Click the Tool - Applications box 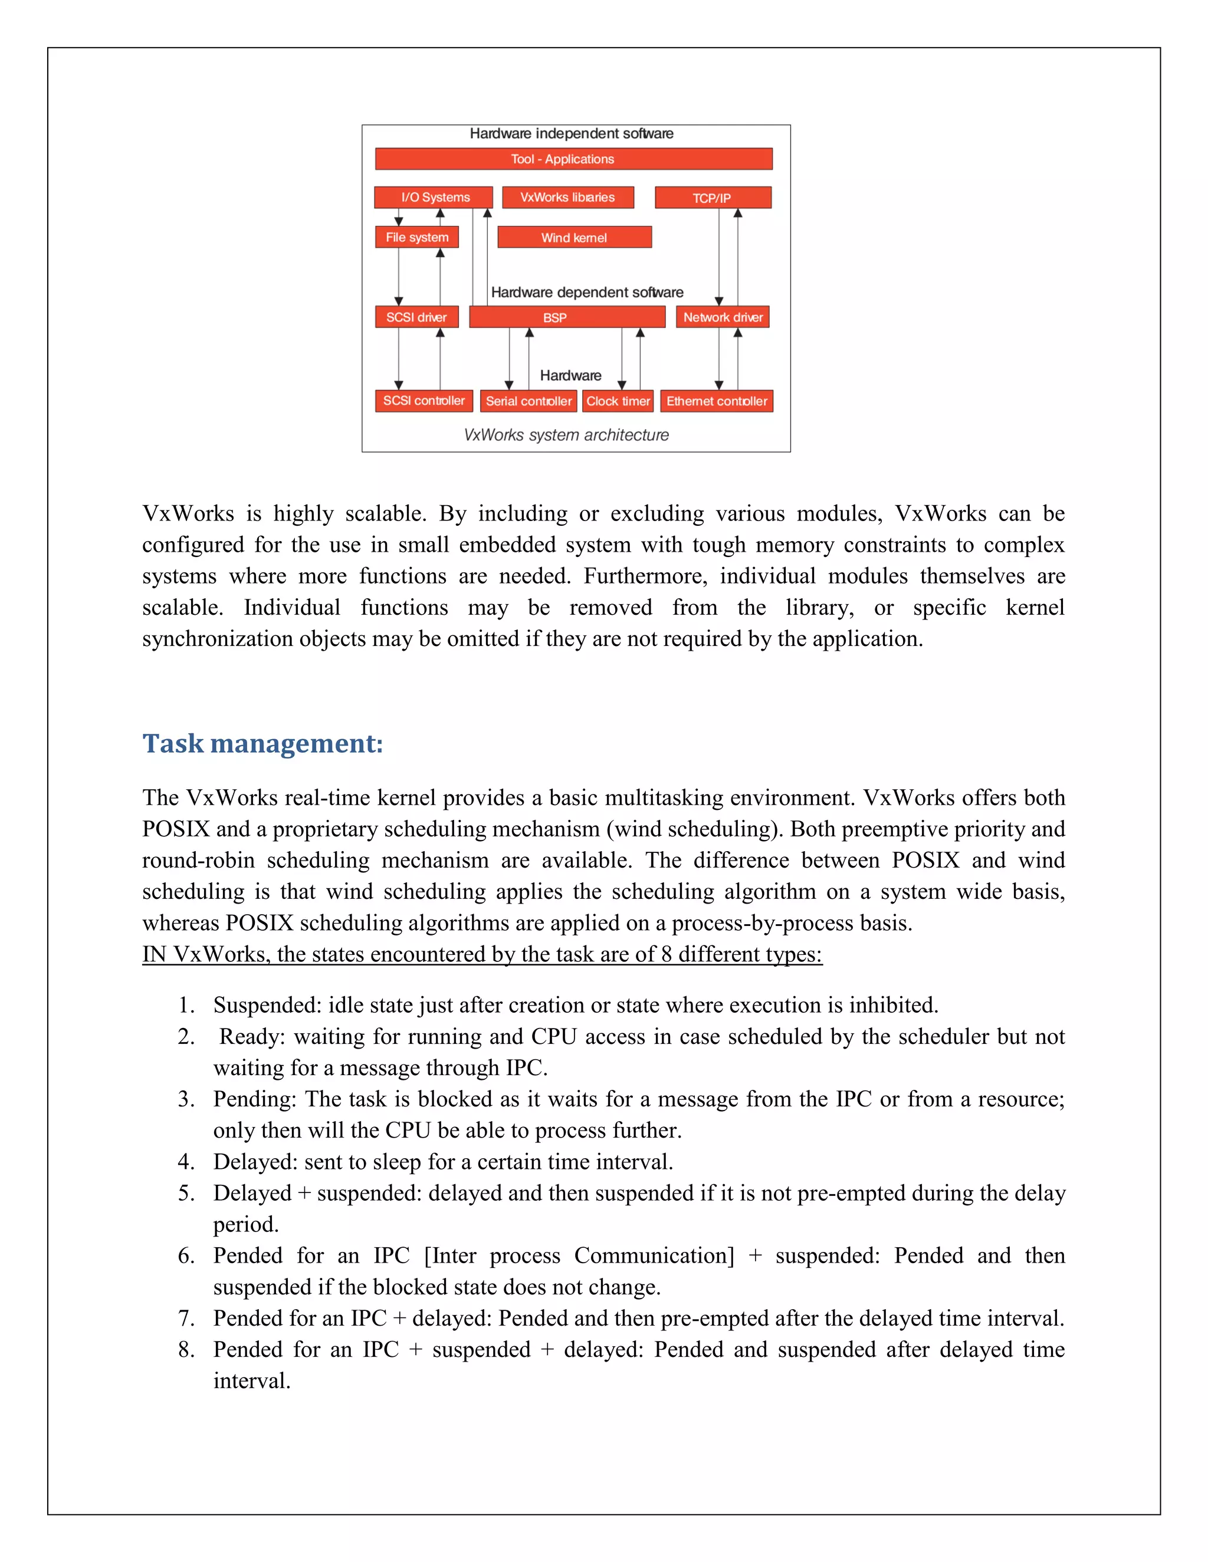coord(573,159)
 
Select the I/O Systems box coord(434,197)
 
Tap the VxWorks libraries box coord(567,197)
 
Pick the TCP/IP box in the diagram coord(713,198)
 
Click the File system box coord(416,238)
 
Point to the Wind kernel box coord(574,238)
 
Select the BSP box coord(567,317)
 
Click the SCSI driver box coord(416,317)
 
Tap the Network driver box coord(722,317)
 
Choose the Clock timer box coord(618,401)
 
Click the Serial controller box coord(528,401)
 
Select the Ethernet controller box coord(716,401)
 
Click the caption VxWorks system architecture coord(566,435)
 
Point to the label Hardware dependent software coord(587,292)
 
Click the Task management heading coord(262,743)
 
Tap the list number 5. coord(185,1192)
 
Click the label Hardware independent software coord(571,134)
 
